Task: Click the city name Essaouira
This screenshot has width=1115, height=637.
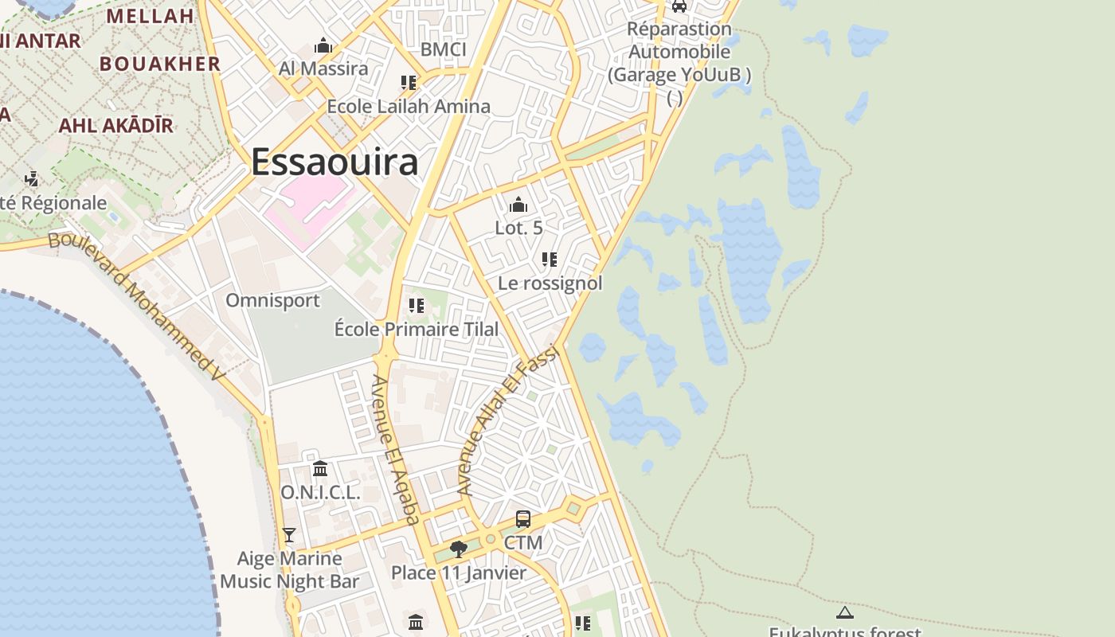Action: point(334,162)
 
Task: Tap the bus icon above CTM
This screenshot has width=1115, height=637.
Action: point(523,519)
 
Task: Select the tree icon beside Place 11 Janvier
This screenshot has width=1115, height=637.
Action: point(458,549)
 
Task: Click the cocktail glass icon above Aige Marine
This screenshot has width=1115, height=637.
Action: point(289,535)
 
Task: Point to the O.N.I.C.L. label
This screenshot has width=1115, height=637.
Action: point(320,492)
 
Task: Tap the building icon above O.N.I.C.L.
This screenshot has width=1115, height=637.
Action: point(320,468)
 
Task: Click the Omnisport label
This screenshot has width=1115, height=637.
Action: point(272,300)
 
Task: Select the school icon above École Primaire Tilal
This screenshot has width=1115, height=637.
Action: point(416,306)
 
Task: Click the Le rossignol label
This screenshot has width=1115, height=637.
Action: point(550,283)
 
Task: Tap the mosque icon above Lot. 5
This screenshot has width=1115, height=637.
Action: point(518,205)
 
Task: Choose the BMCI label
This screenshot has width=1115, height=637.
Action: point(443,49)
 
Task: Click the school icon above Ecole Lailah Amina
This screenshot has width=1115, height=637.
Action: point(409,83)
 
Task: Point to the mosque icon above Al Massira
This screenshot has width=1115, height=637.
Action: point(323,46)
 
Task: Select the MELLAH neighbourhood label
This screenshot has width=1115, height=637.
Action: point(150,16)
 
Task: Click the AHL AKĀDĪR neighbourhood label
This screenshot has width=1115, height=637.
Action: point(115,125)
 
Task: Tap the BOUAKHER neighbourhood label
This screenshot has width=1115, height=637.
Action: point(159,64)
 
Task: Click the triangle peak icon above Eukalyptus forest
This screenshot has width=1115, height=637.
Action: point(844,613)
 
